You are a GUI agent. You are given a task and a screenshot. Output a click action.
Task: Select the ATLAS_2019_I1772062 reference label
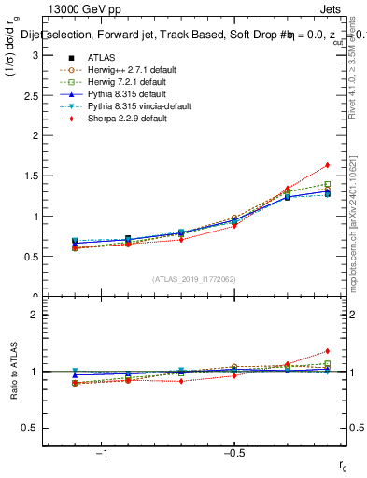tap(193, 278)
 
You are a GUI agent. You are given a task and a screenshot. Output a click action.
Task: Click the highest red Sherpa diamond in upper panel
tap(327, 165)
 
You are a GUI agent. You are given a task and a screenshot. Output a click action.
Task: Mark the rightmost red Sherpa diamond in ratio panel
tap(327, 351)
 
